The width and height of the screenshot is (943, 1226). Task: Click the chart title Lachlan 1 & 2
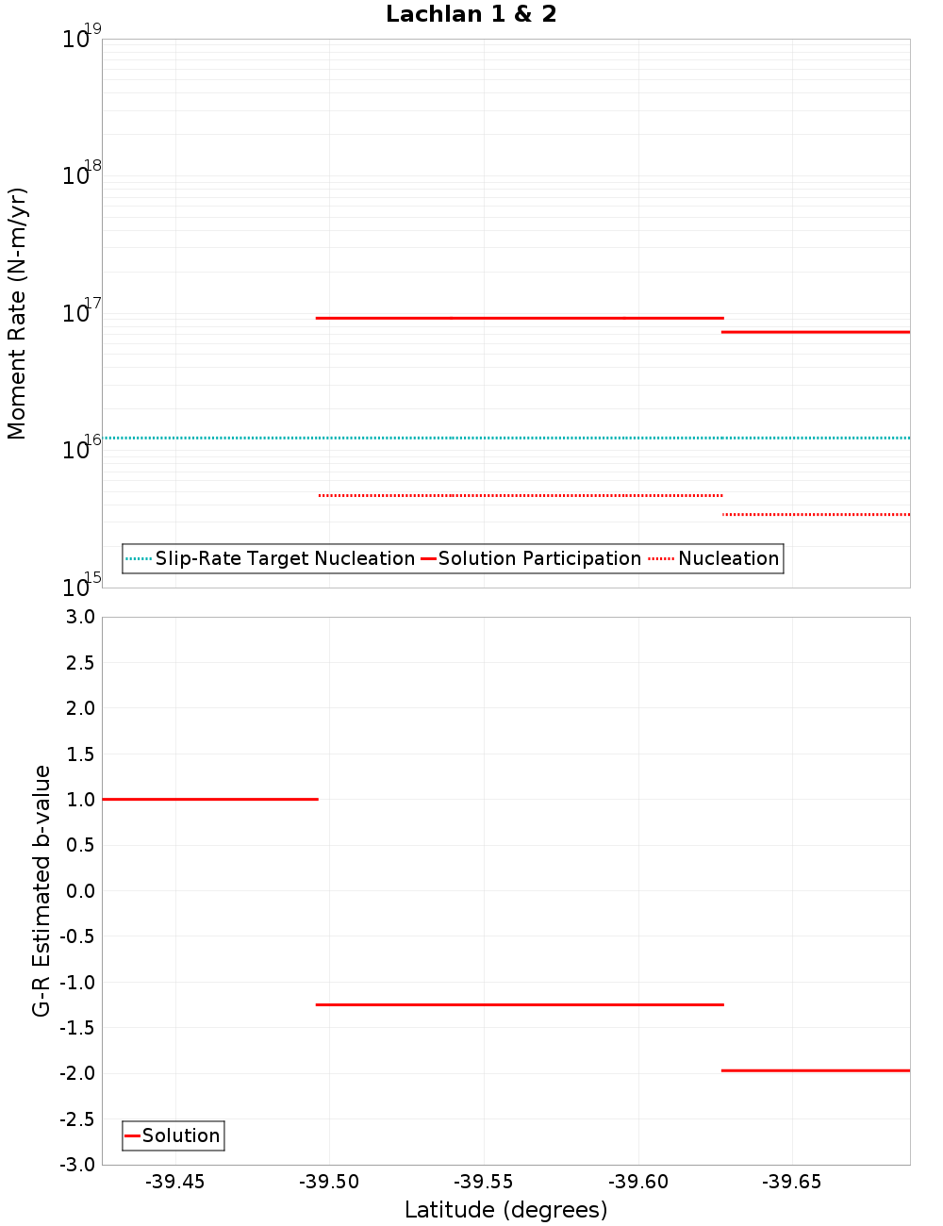coord(471,14)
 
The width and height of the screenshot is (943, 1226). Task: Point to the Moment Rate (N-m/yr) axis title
coord(17,313)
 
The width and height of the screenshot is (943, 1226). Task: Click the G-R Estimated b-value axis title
coord(41,890)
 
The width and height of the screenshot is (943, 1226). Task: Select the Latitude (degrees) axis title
coord(505,1210)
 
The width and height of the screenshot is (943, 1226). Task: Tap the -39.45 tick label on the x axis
coord(174,1183)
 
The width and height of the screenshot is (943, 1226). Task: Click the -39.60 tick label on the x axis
coord(638,1183)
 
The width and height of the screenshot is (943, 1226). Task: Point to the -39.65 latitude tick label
coord(792,1183)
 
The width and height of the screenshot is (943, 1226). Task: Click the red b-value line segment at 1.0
coord(209,799)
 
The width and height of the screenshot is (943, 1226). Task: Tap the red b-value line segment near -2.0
coord(816,1070)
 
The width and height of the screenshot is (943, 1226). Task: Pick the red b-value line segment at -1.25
coord(520,1004)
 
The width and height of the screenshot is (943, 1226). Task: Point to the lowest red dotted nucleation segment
coord(816,514)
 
